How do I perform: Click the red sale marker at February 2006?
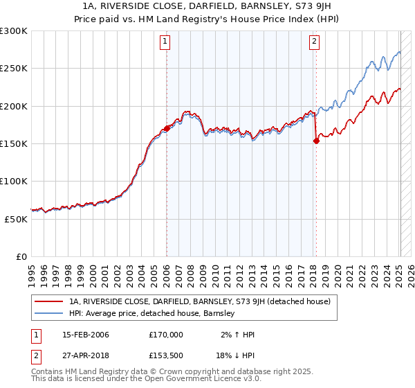point(167,128)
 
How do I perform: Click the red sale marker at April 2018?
point(316,141)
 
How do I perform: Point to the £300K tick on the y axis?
point(14,31)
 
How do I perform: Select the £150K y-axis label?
point(14,143)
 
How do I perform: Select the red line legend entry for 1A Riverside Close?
point(200,301)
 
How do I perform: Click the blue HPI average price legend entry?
point(152,314)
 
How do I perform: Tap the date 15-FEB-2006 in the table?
point(85,335)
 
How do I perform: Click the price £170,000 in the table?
point(166,335)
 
